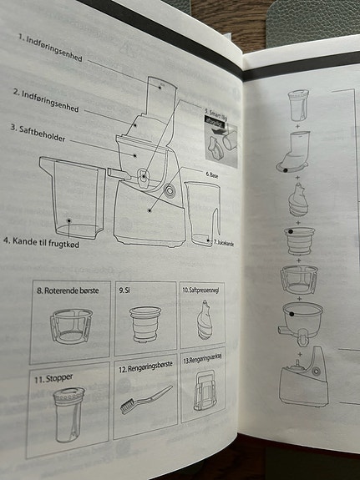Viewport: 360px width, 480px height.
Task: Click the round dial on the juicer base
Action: point(171,191)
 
